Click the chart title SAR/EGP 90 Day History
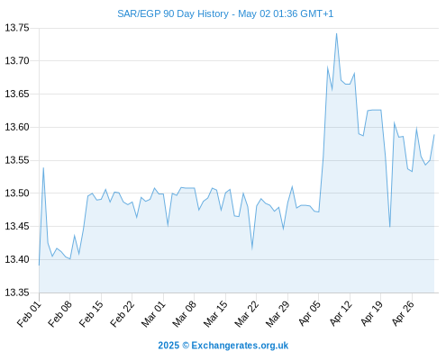point(173,13)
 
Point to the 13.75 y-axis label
point(17,28)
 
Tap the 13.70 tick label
point(17,61)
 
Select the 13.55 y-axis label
point(17,160)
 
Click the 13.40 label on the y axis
point(17,259)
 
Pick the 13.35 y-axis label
point(17,292)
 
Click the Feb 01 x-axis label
point(29,314)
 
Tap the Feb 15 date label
point(91,314)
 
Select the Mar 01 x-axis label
point(153,314)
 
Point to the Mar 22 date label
point(247,314)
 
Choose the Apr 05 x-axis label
point(310,314)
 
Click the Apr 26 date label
point(403,314)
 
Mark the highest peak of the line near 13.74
point(336,33)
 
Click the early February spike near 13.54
point(43,168)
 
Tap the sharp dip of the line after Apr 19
point(389,227)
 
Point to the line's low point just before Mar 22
point(252,248)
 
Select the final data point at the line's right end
point(434,135)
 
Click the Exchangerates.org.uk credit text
point(240,346)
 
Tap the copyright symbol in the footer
point(186,346)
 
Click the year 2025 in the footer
point(168,346)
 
